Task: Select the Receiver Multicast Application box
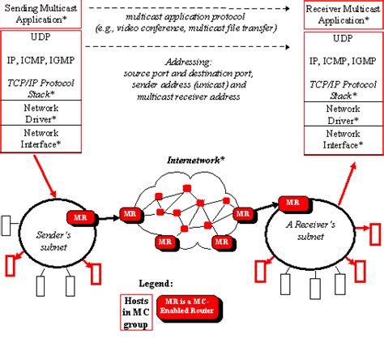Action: pyautogui.click(x=343, y=14)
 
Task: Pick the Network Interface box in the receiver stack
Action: pyautogui.click(x=343, y=139)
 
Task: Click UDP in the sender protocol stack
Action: pyautogui.click(x=40, y=38)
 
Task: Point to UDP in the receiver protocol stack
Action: pyautogui.click(x=343, y=38)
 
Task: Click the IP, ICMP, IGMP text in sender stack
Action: pyautogui.click(x=40, y=61)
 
